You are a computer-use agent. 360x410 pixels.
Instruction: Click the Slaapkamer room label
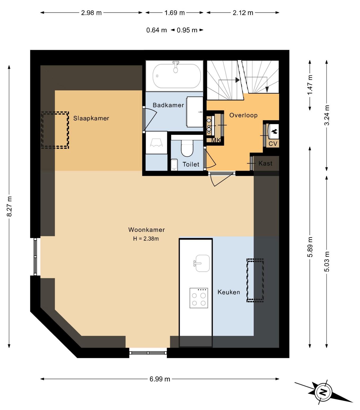[x=91, y=118]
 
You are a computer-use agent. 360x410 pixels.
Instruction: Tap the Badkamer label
[x=168, y=105]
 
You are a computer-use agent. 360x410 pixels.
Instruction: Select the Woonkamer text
[x=147, y=230]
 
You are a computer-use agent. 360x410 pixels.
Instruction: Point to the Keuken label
[x=229, y=292]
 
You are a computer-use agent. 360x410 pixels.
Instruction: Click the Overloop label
[x=243, y=115]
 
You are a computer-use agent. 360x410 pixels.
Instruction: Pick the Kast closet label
[x=265, y=163]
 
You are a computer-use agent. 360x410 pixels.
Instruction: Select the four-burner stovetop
[x=199, y=298]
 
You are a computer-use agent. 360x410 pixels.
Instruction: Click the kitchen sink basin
[x=203, y=263]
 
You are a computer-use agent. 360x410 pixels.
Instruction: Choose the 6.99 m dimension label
[x=160, y=379]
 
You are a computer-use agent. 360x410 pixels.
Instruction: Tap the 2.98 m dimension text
[x=91, y=13]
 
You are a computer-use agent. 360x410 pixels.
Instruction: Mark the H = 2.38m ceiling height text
[x=146, y=239]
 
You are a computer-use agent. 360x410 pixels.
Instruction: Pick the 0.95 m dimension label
[x=187, y=30]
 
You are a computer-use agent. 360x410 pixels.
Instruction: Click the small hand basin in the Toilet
[x=174, y=165]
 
